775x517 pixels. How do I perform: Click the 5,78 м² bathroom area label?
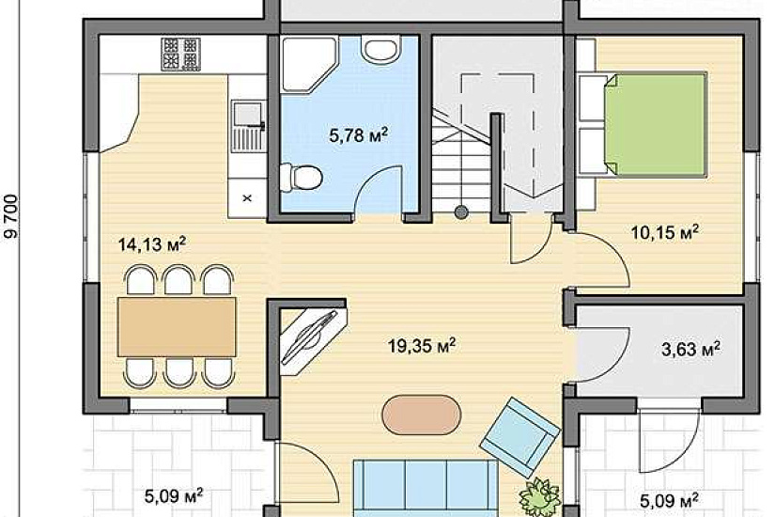358,134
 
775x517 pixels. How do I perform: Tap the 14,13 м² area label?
152,243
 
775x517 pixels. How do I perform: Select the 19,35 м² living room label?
422,345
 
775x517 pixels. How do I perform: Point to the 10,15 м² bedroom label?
665,231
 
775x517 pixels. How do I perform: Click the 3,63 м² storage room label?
690,349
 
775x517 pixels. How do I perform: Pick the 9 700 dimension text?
11,216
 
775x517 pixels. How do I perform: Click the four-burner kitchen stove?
181,54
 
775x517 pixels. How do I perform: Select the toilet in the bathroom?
301,177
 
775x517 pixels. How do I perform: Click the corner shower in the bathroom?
309,64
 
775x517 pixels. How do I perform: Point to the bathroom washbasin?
380,49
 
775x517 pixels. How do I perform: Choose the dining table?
177,327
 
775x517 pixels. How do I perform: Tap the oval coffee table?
422,415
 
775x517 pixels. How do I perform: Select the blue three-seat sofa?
426,487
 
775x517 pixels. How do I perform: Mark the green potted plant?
539,497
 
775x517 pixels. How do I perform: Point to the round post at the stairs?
461,212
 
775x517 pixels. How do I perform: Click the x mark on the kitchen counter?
248,198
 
